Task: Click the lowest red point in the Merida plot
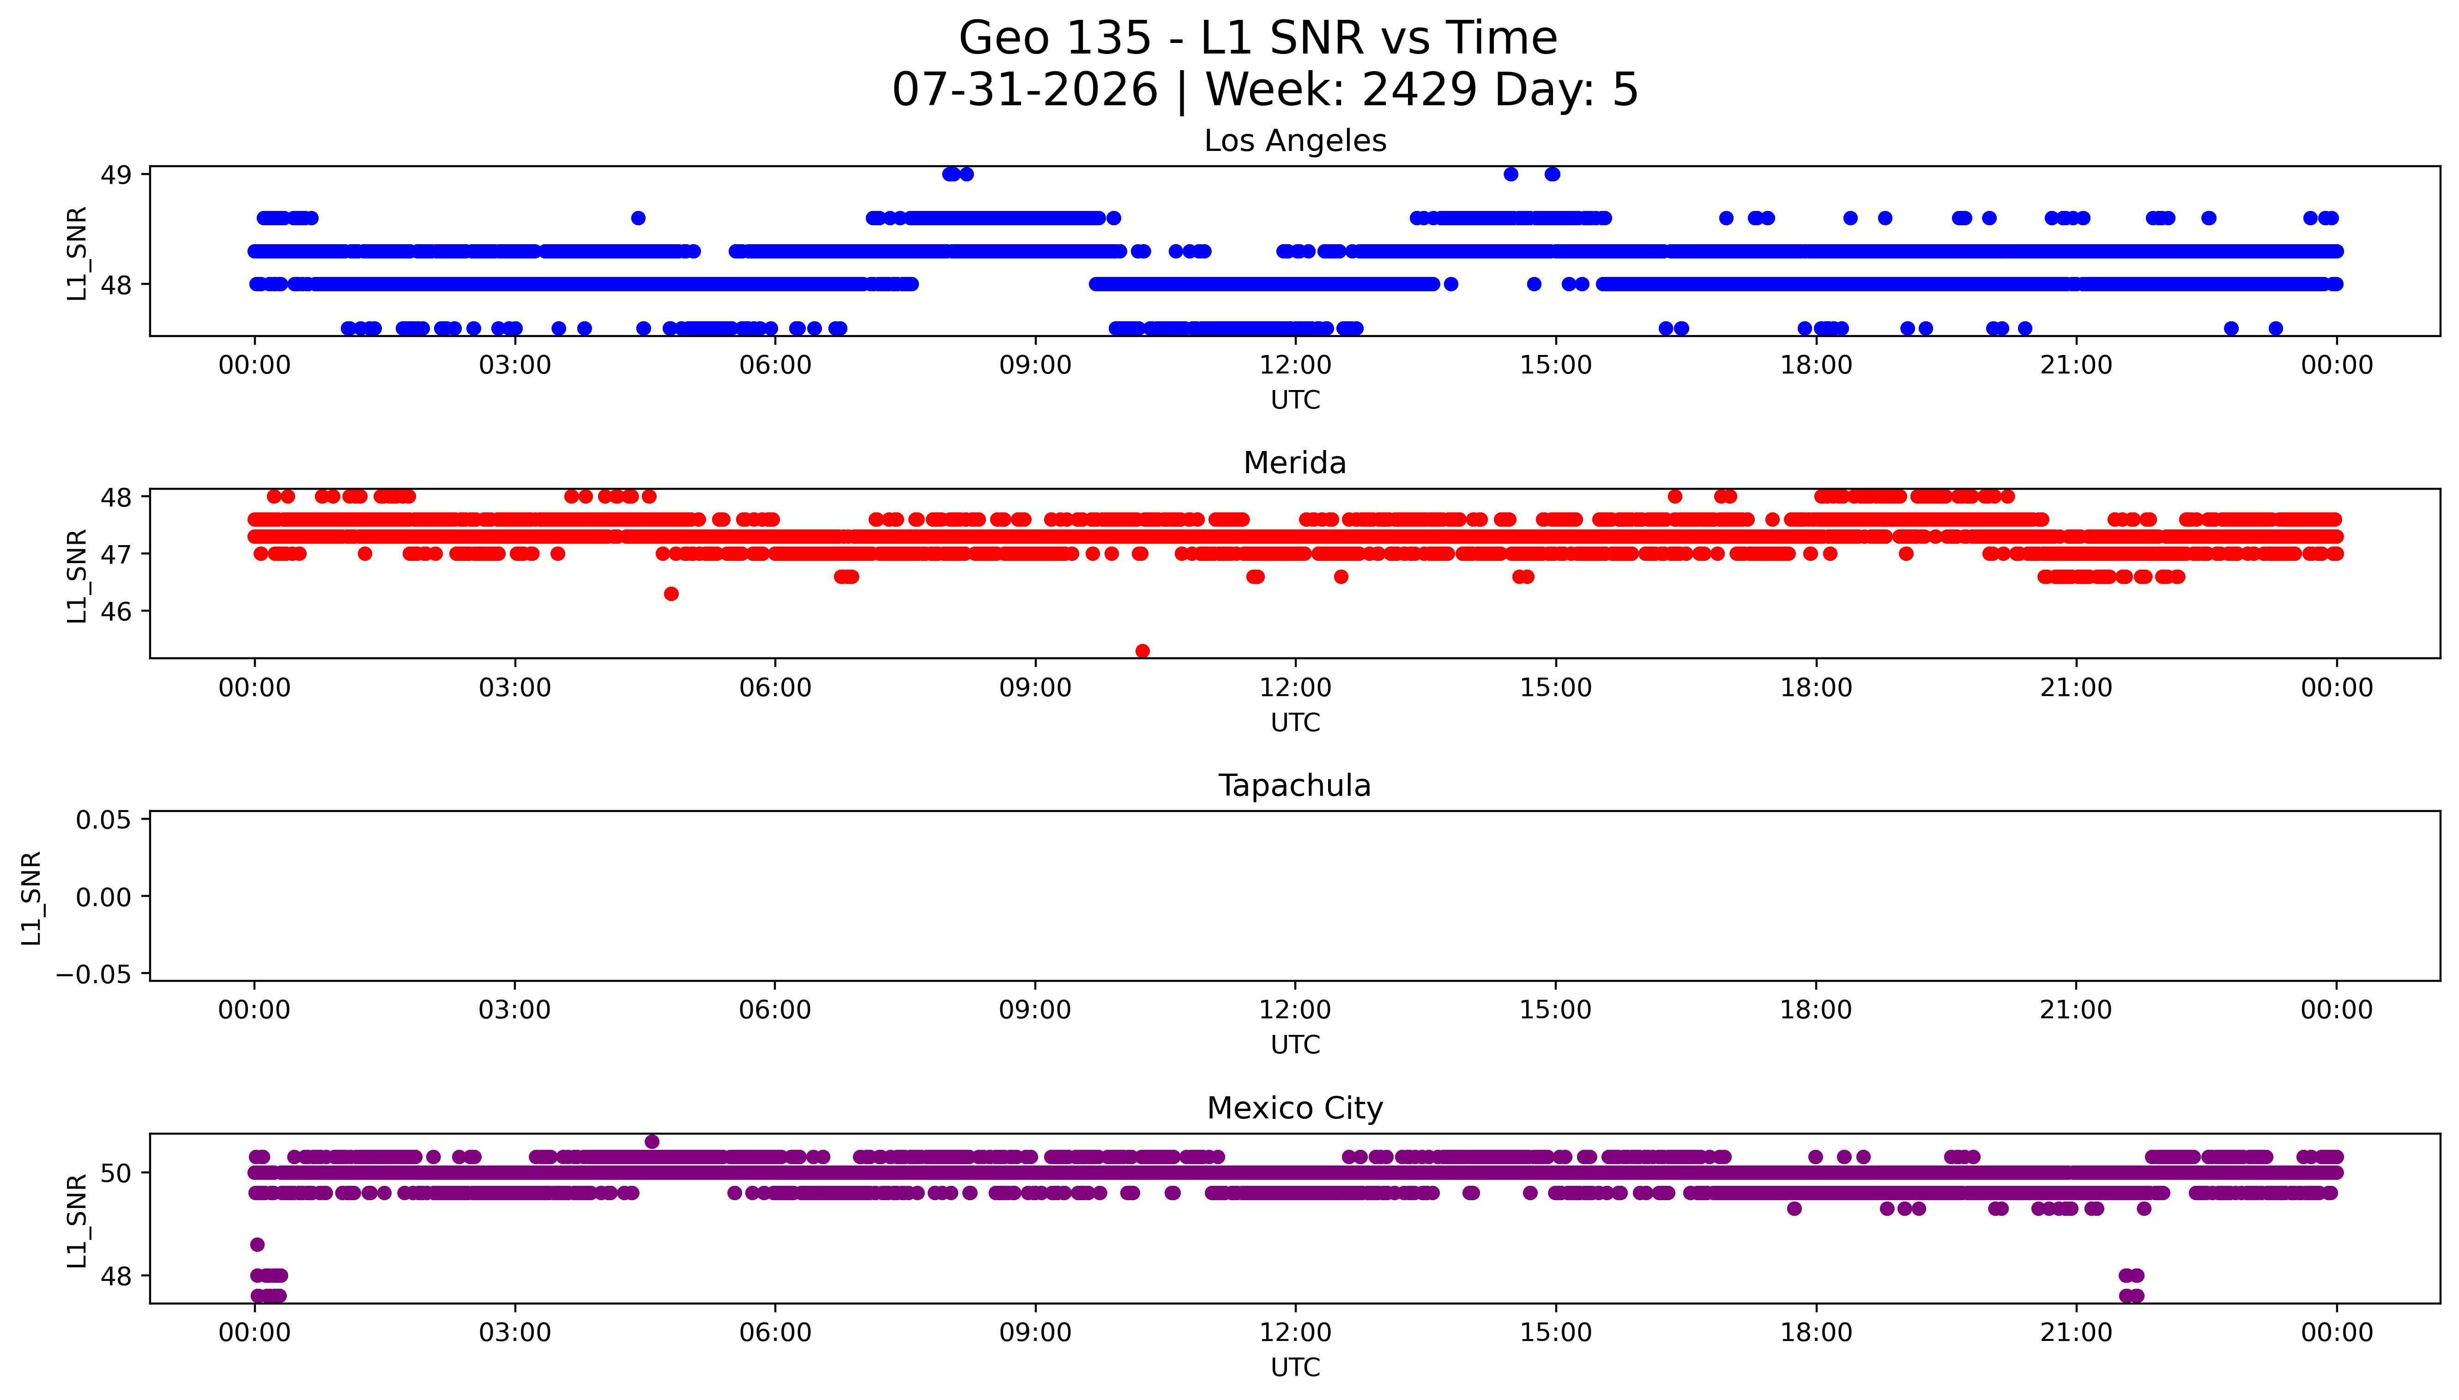[x=1142, y=651]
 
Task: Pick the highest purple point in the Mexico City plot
[x=652, y=1142]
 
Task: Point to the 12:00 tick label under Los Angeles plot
[x=1295, y=366]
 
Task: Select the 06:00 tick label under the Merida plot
[x=775, y=687]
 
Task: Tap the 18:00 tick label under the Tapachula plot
[x=1816, y=1009]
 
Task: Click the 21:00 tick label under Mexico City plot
[x=2076, y=1333]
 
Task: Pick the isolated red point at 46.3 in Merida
[x=671, y=594]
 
